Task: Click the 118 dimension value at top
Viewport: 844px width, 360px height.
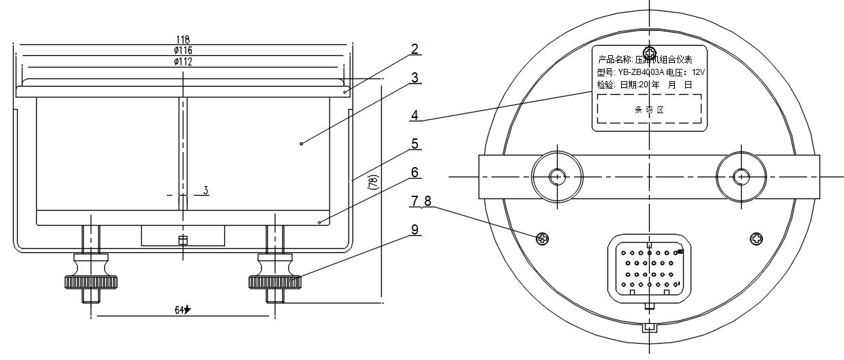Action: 183,40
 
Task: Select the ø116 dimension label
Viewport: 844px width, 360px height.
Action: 183,50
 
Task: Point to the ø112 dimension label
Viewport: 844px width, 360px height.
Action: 183,61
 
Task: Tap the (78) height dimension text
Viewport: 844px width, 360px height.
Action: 372,183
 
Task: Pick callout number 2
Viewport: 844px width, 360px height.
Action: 415,49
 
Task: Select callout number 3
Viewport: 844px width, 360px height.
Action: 415,77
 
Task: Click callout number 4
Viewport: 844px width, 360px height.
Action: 415,115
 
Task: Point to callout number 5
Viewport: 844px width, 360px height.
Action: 415,144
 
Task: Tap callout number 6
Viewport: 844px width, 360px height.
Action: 415,172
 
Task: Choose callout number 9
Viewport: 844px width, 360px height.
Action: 415,230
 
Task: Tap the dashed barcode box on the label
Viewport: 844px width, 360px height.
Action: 649,109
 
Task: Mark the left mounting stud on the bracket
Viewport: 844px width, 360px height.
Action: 557,176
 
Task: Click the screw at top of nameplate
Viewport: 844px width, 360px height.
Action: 650,53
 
